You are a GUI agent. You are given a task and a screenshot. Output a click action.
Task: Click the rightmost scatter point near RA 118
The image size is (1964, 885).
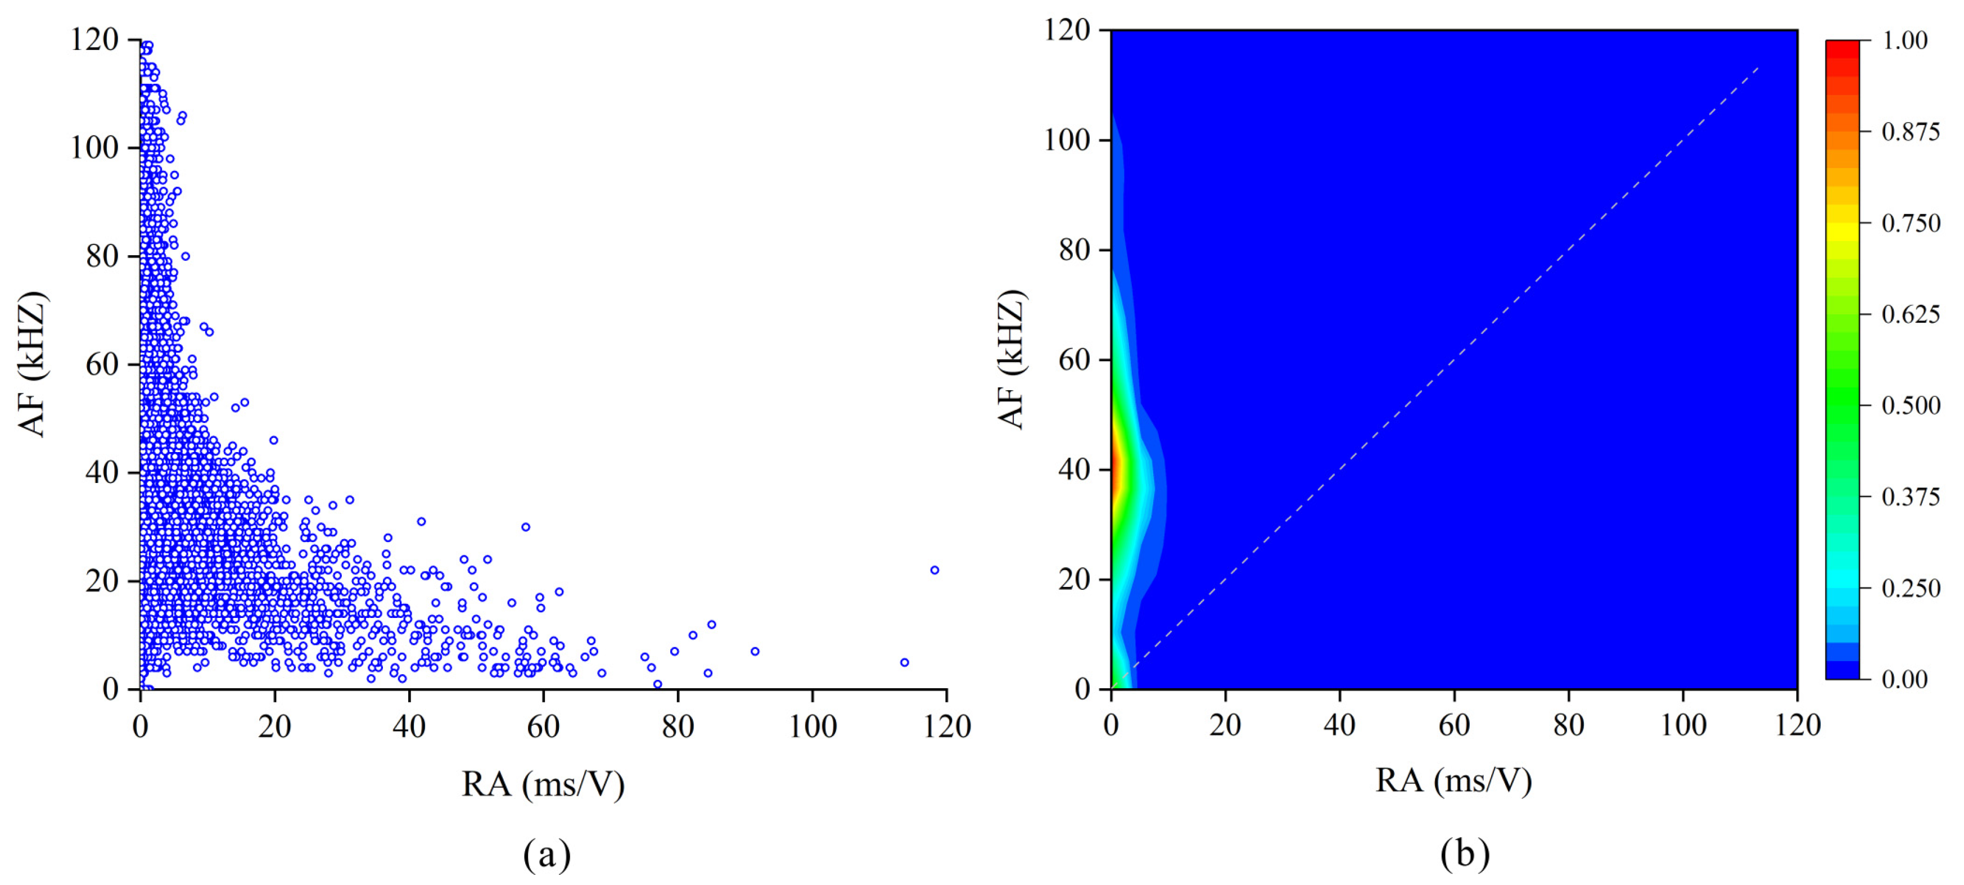coord(934,570)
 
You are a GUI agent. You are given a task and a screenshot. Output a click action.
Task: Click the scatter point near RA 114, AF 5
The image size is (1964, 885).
coord(904,662)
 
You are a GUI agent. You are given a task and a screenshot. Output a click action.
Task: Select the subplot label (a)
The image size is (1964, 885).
coord(547,855)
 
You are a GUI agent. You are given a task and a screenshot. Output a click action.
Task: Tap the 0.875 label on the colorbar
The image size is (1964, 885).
coord(1910,132)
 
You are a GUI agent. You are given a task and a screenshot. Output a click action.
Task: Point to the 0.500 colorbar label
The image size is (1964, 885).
coord(1910,405)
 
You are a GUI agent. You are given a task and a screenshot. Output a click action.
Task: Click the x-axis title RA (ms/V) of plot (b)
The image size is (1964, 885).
coord(1453,780)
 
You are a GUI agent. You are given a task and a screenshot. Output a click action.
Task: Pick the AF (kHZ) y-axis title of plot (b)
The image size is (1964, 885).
coord(1011,359)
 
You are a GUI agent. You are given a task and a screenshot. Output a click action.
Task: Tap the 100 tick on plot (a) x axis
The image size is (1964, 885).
coord(812,726)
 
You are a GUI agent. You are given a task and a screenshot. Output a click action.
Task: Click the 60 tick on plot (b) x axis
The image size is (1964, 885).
coord(1454,724)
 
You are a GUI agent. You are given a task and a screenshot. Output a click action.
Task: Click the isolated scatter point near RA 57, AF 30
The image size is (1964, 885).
coord(525,527)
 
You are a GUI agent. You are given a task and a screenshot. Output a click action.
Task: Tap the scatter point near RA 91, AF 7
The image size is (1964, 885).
coord(755,651)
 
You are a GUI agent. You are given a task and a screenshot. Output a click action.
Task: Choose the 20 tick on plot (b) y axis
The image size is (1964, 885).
coord(1073,579)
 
